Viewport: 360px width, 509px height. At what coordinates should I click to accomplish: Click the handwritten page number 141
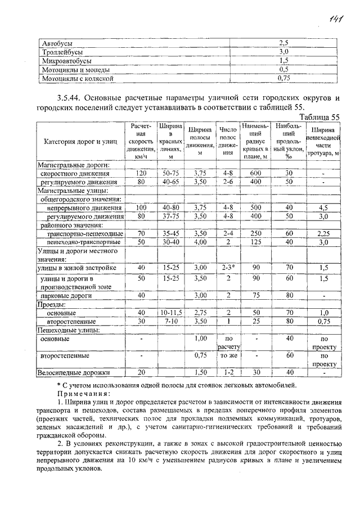tap(337, 21)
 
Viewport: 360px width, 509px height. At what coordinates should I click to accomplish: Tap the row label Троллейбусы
tap(62, 52)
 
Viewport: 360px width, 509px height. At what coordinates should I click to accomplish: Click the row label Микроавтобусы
tap(66, 60)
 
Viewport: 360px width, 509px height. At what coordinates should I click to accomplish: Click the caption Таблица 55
tap(319, 117)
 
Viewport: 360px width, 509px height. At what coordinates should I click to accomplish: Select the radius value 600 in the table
tap(255, 174)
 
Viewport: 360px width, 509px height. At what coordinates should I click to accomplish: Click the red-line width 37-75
tap(170, 217)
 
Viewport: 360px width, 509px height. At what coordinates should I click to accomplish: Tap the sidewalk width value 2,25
tap(323, 233)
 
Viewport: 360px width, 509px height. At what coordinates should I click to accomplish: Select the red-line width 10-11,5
tap(170, 312)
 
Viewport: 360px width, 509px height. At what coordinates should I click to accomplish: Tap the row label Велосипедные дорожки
tap(73, 372)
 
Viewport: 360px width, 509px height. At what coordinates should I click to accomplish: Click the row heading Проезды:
tap(52, 304)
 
